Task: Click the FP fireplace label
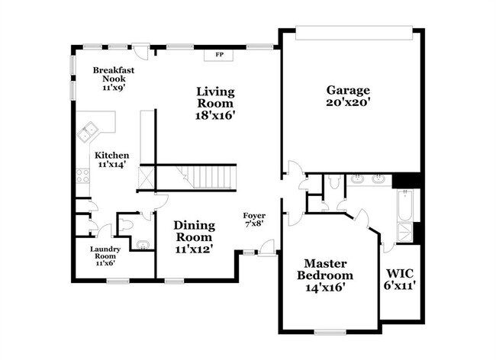tap(220, 55)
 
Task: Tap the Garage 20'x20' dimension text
tap(348, 102)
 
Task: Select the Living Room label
tap(216, 98)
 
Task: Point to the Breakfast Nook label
tap(114, 74)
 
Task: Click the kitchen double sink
tap(87, 131)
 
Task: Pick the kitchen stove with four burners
tap(82, 175)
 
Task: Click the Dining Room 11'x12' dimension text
tap(194, 249)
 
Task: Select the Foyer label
tap(254, 216)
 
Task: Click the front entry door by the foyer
tap(266, 247)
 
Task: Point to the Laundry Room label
tap(105, 252)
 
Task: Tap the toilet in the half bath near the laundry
tap(125, 225)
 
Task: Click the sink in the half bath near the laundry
tap(143, 245)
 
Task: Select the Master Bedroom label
tap(325, 269)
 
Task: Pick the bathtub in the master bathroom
tap(405, 205)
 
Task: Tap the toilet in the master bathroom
tap(333, 182)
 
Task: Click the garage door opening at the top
tap(354, 33)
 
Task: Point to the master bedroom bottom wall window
tap(330, 332)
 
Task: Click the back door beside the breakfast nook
tap(140, 50)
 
